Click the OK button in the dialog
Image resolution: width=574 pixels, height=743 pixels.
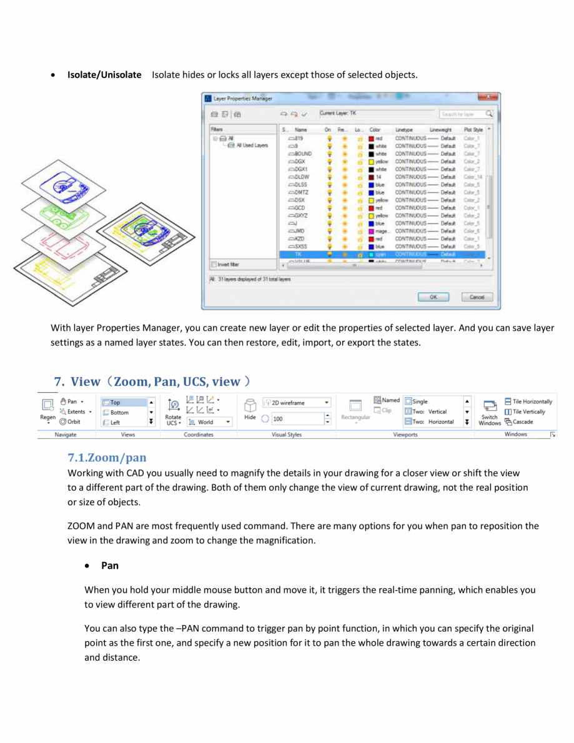(x=433, y=297)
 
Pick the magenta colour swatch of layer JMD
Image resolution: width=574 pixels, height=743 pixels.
(x=371, y=230)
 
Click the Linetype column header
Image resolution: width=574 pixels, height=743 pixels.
(x=405, y=130)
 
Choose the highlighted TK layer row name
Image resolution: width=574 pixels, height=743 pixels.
(x=299, y=254)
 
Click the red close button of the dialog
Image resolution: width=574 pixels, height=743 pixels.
(x=487, y=97)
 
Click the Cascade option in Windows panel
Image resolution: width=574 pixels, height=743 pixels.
(x=523, y=422)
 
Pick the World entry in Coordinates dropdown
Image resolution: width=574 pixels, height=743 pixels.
(x=205, y=422)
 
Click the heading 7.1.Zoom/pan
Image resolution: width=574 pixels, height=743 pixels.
(x=107, y=458)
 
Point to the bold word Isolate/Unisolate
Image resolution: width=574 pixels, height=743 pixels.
(x=104, y=75)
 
